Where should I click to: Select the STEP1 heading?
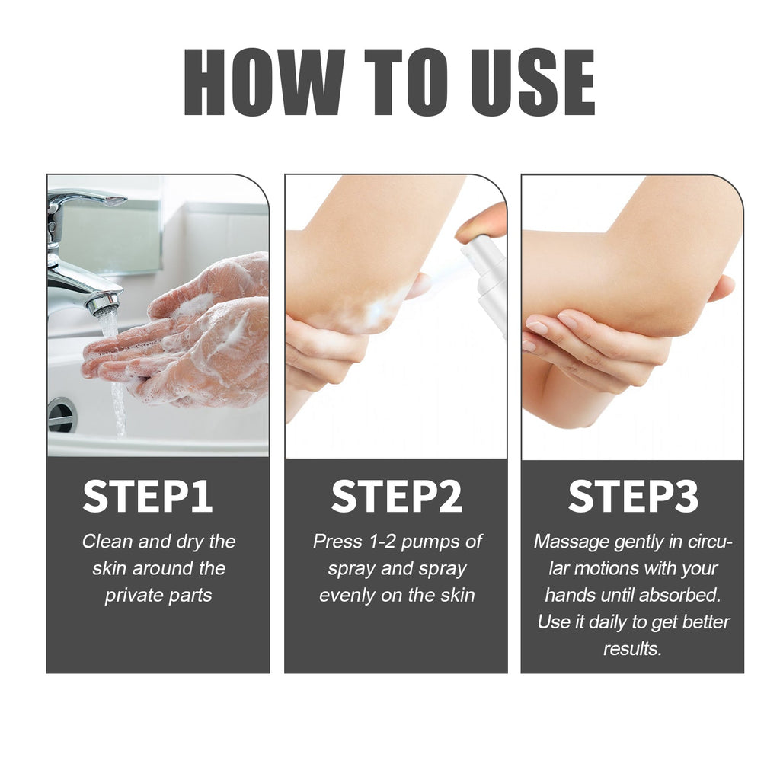148,497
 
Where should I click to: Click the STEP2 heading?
396,497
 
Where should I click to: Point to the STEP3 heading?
633,497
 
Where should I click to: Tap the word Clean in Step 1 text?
107,542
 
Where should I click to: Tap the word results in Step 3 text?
631,648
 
